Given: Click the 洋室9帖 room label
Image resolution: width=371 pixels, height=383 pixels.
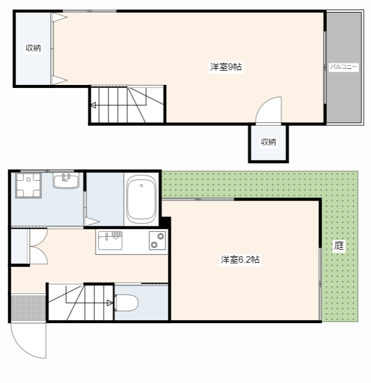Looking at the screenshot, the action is [x=226, y=66].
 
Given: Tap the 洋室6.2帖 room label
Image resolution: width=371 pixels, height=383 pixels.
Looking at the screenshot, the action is [x=240, y=259].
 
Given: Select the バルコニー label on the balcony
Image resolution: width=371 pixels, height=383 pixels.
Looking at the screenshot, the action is [x=344, y=66].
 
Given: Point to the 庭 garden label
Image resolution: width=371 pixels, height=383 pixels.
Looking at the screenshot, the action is [x=339, y=245].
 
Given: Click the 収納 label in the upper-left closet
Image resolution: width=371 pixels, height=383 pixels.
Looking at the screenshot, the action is [x=33, y=48].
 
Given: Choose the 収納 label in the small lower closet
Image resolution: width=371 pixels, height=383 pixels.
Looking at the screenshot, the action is [x=269, y=142].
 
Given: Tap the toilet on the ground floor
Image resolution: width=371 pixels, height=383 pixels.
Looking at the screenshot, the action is [x=126, y=303].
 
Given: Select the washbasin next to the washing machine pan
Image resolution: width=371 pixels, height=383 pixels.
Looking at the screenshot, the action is [x=66, y=181].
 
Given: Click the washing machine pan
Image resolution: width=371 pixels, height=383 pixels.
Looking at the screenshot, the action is [x=28, y=185].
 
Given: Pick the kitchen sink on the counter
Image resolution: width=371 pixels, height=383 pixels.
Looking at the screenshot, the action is [x=110, y=241].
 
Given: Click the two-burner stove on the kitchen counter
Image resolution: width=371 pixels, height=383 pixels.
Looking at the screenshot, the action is [x=157, y=241].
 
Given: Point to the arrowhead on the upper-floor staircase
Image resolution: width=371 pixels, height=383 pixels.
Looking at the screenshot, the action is [x=93, y=105].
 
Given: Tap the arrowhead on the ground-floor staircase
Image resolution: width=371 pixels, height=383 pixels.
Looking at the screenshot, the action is [x=110, y=303].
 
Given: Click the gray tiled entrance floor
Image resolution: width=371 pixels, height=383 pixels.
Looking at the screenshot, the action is [x=28, y=307].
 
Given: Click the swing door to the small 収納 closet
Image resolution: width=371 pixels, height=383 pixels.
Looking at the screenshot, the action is [x=269, y=110].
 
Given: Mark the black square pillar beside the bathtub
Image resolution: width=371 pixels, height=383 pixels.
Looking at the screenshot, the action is [x=165, y=222].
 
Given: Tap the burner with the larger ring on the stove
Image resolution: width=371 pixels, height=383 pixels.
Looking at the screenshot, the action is [x=161, y=236].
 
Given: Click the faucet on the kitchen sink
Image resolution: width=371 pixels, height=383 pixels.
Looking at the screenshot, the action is [x=106, y=236].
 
